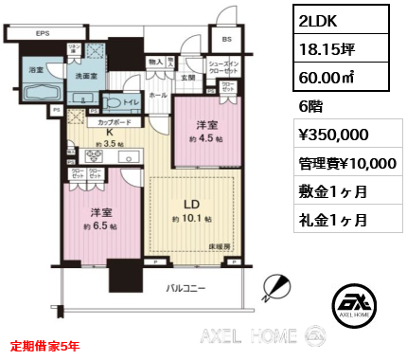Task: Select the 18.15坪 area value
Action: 323,51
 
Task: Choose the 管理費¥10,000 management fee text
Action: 345,164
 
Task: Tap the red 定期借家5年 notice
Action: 44,346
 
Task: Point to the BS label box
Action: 227,41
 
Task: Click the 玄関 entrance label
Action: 187,78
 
